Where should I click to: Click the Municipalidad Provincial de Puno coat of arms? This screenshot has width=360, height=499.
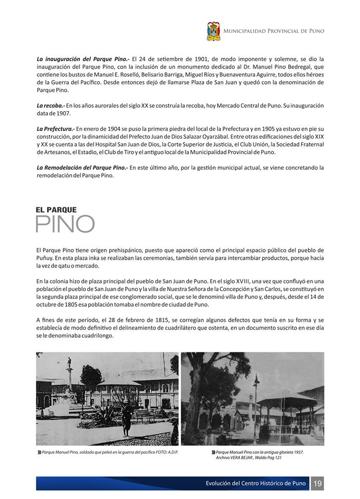point(213,31)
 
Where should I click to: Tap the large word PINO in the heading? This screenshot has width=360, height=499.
point(65,224)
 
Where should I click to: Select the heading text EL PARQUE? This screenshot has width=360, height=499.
point(56,209)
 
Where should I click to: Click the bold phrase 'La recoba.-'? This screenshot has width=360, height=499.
point(50,106)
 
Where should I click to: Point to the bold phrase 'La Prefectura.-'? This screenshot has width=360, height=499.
point(56,128)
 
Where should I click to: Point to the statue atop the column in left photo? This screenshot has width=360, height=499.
point(68,363)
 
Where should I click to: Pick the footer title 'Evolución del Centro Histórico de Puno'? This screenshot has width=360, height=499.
point(256,484)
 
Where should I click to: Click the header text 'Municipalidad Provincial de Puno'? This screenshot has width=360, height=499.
point(274,31)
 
